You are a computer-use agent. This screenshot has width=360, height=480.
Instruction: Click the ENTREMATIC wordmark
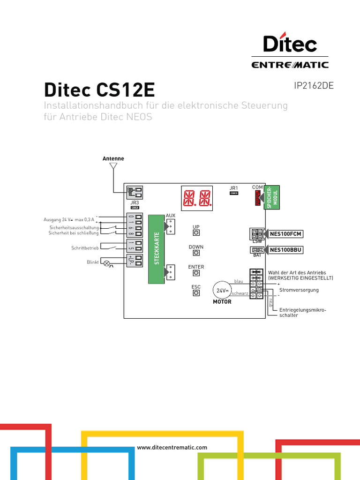click(x=290, y=65)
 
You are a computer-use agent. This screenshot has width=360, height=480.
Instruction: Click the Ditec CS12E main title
click(x=99, y=89)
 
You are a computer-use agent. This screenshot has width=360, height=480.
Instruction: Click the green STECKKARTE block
click(x=156, y=249)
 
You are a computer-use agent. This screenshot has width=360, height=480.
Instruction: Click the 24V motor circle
click(x=222, y=291)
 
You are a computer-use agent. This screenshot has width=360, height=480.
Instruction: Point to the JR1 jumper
click(x=234, y=193)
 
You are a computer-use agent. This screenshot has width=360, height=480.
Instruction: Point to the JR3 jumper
click(x=135, y=207)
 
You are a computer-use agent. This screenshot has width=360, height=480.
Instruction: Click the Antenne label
click(x=113, y=158)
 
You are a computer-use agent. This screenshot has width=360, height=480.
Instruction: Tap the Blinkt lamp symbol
click(x=106, y=263)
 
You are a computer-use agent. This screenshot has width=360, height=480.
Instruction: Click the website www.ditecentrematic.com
click(x=172, y=448)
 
